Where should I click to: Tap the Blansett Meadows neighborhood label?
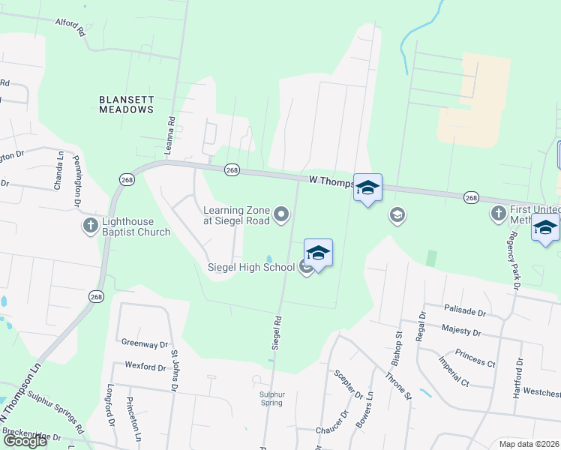[126, 103]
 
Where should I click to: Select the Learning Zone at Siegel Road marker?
[281, 216]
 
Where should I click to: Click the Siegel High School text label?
[251, 267]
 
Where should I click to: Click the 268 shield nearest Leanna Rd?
[232, 170]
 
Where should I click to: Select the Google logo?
[25, 441]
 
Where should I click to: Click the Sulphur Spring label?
[272, 398]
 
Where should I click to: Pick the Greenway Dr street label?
[144, 343]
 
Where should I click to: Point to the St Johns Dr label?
[174, 370]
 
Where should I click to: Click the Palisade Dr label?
[465, 310]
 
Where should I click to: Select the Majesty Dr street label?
[461, 331]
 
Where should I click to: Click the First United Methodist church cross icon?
[498, 214]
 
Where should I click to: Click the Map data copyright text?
[529, 444]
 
